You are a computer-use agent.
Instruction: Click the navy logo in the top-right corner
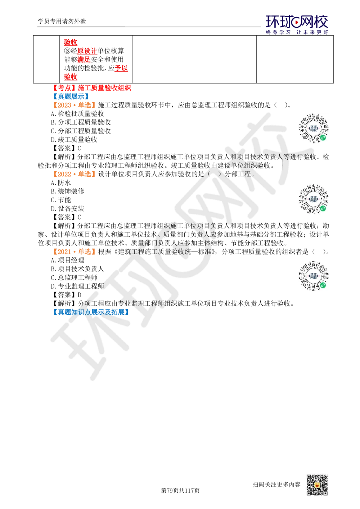297,24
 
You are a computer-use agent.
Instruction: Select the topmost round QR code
314,128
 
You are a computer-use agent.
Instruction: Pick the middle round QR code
314,199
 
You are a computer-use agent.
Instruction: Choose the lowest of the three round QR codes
314,276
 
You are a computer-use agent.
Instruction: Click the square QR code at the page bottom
316,485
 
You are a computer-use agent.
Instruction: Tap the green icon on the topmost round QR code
323,138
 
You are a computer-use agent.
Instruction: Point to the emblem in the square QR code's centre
317,485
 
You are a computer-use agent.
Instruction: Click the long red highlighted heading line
93,88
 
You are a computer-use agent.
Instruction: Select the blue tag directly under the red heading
71,96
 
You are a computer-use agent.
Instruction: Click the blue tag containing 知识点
90,312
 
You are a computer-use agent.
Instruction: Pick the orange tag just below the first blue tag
73,105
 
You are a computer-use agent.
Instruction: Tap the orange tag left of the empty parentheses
73,174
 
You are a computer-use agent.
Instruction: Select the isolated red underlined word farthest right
121,68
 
